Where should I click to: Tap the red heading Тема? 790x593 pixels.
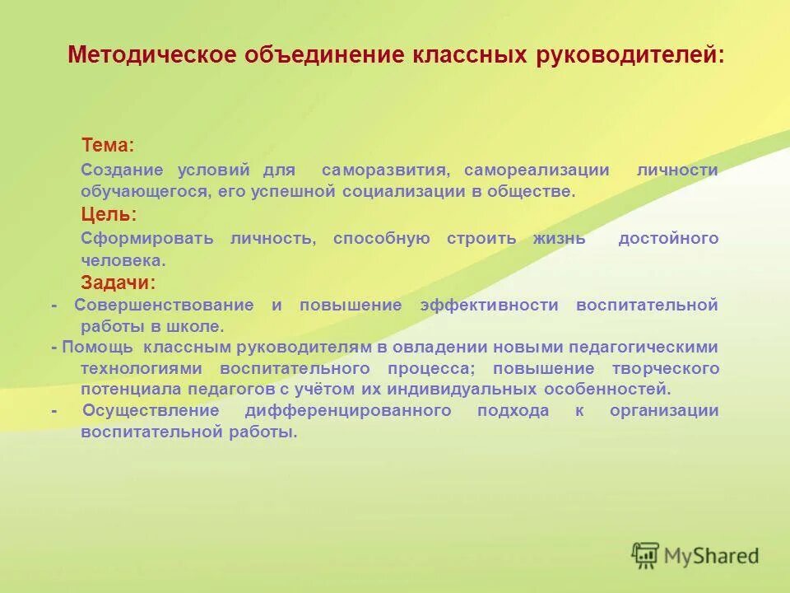click(x=107, y=145)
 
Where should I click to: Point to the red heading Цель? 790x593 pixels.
click(x=109, y=214)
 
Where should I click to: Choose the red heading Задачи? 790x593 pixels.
click(x=118, y=282)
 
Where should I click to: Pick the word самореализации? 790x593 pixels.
click(x=537, y=170)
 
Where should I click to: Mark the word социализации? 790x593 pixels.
click(x=404, y=191)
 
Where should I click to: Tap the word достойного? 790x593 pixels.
click(x=668, y=238)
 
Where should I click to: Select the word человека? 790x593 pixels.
click(x=123, y=260)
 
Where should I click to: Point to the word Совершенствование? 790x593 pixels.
click(x=164, y=305)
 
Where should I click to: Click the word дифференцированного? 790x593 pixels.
click(x=347, y=410)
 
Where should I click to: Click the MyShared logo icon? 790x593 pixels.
click(x=646, y=555)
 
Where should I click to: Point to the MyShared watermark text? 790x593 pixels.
click(x=713, y=556)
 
